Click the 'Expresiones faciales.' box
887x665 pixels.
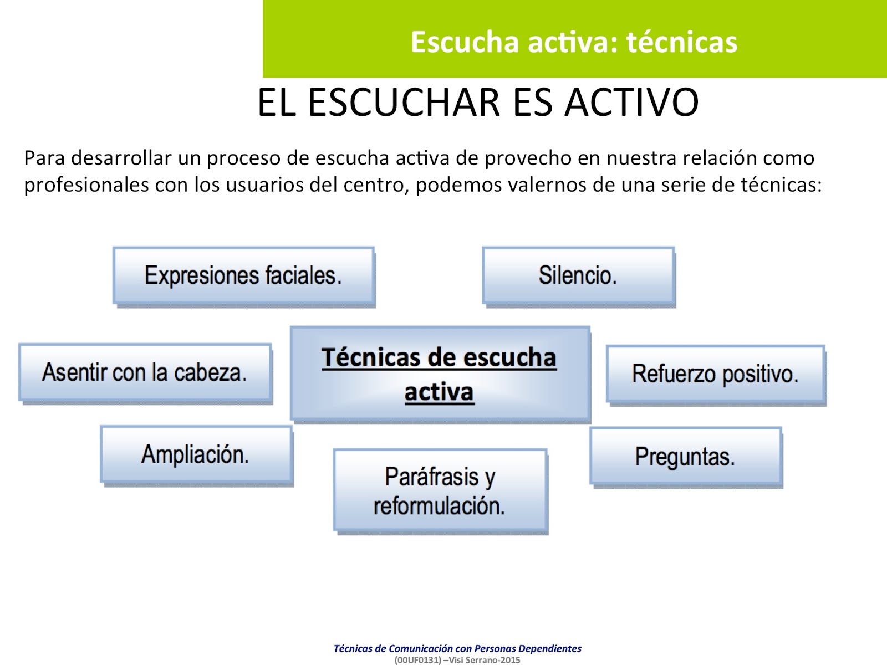[243, 275]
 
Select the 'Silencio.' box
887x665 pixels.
[578, 275]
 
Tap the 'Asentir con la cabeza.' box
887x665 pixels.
[145, 372]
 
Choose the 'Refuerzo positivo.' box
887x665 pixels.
[715, 374]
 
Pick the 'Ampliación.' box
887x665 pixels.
[196, 454]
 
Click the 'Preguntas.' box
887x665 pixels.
[685, 457]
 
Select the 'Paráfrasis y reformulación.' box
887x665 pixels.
[440, 490]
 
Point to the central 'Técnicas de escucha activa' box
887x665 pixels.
[440, 374]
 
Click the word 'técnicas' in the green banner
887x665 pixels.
[681, 42]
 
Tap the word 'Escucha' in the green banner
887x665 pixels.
[465, 42]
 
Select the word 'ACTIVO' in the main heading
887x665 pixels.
[631, 103]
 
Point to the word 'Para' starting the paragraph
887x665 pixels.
[44, 158]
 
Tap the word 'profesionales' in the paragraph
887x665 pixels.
[86, 185]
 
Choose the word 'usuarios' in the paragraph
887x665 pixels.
[266, 185]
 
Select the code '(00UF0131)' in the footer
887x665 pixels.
[417, 660]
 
